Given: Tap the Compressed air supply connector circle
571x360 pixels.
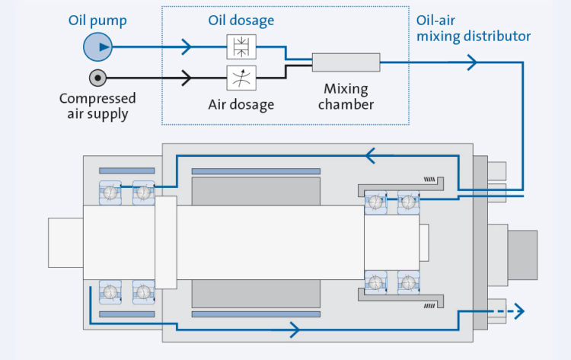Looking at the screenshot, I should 97,78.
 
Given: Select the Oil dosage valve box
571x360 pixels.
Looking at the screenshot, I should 241,48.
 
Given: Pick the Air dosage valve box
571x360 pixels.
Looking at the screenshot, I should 241,77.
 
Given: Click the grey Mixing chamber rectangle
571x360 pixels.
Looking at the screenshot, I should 346,62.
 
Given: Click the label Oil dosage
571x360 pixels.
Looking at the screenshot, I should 241,21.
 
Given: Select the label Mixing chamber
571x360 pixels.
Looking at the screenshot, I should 346,97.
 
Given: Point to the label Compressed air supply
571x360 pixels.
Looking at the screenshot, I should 97,107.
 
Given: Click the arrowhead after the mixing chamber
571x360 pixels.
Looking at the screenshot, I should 474,62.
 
